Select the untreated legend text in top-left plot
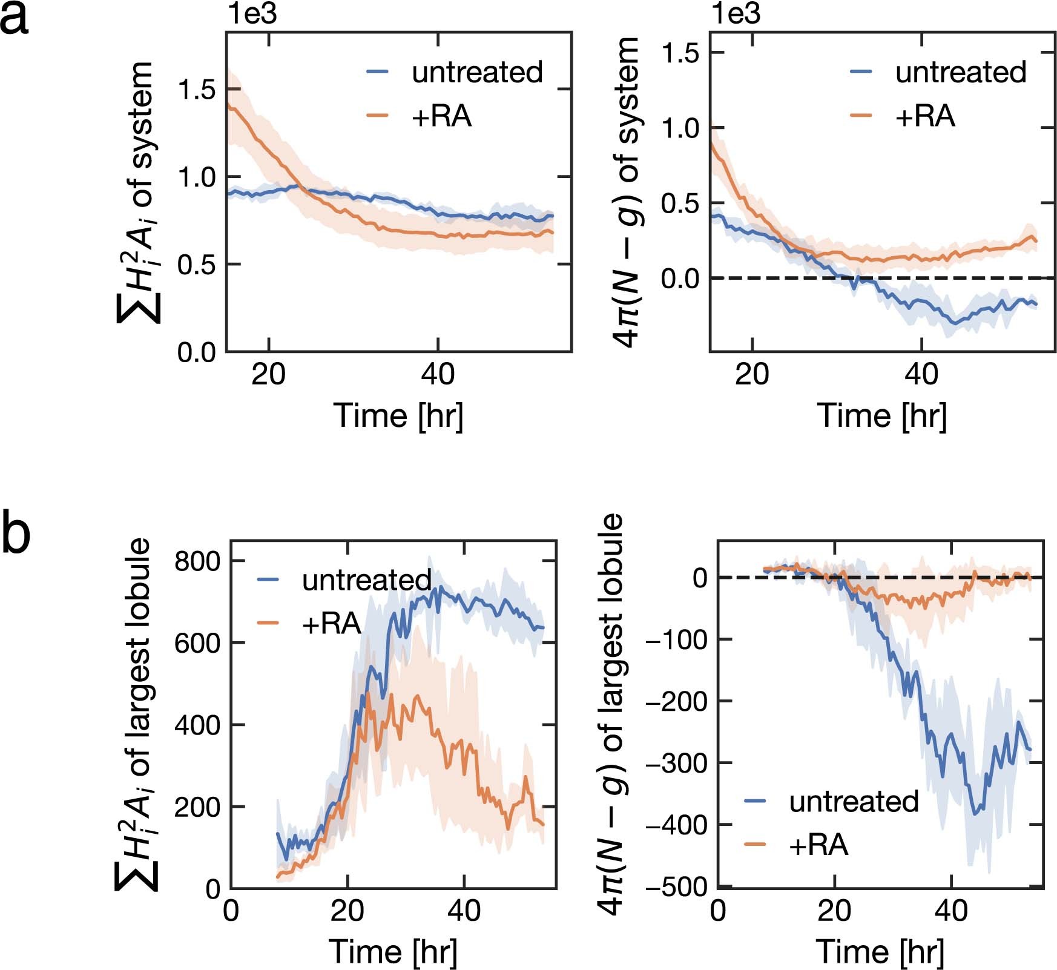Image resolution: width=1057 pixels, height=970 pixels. point(477,72)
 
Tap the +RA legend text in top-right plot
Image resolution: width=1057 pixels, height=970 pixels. point(925,116)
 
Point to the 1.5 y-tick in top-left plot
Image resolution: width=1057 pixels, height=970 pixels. point(197,90)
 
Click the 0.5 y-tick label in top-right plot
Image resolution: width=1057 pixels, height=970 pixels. point(680,203)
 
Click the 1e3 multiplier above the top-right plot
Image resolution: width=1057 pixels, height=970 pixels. point(736,14)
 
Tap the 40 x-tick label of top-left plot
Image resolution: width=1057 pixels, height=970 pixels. point(438,375)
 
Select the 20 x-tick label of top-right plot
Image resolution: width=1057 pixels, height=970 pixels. point(752,375)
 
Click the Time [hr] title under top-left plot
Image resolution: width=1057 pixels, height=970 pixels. point(398,416)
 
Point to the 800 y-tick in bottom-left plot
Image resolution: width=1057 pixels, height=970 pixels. point(197,561)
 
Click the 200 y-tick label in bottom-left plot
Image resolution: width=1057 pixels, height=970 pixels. point(197,807)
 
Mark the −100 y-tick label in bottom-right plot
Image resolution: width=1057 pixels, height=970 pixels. point(677,640)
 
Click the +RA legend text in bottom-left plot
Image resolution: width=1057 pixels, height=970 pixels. point(331,623)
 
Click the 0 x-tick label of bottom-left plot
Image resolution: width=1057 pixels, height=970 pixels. point(231,910)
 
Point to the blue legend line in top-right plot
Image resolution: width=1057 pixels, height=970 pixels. point(861,72)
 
